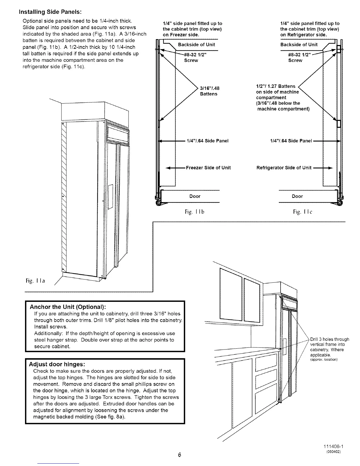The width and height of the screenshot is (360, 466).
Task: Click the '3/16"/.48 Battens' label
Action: click(x=209, y=91)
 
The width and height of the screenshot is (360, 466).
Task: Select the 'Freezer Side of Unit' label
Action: click(x=208, y=168)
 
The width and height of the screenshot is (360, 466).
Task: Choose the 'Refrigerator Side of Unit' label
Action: click(x=284, y=168)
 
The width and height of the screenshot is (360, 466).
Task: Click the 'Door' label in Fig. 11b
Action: click(x=195, y=196)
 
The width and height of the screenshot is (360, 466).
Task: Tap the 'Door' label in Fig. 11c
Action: click(x=297, y=196)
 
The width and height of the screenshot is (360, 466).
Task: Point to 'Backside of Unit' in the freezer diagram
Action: click(x=196, y=45)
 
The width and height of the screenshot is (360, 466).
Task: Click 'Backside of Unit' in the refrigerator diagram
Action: click(x=299, y=45)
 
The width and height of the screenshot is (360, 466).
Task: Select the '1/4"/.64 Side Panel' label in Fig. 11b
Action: click(x=207, y=141)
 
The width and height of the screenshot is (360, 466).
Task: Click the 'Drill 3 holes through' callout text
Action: click(x=329, y=339)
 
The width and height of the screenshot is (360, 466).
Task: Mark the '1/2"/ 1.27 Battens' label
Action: click(x=276, y=86)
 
